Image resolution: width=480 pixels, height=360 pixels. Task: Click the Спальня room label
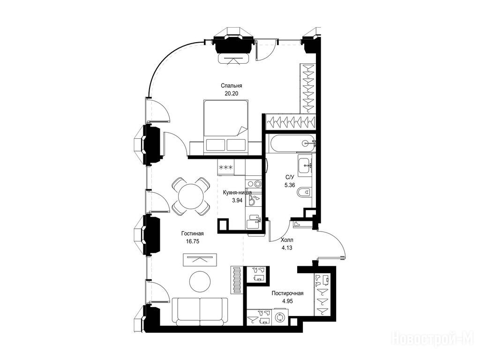point(231,86)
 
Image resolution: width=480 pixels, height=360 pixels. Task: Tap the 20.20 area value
point(231,94)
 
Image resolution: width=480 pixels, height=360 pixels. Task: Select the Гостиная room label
point(192,233)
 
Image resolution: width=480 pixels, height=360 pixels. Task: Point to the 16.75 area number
point(192,241)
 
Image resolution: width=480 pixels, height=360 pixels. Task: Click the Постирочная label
point(287,293)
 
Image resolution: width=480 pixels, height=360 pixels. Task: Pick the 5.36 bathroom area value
point(290,185)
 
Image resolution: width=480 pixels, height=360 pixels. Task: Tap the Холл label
point(287,240)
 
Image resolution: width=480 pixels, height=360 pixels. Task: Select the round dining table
point(191,196)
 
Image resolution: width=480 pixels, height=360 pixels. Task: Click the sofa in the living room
point(200,311)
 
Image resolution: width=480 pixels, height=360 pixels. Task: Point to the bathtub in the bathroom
point(292,143)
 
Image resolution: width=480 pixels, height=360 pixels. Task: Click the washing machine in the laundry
point(279,318)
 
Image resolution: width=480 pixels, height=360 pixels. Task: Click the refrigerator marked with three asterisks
point(226,167)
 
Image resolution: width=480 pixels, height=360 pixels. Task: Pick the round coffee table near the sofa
point(200,282)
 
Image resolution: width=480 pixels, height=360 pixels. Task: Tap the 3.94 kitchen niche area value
point(237,201)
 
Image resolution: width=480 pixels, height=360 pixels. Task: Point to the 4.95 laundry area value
point(287,301)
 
